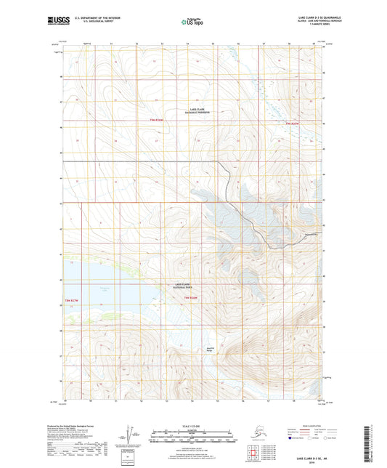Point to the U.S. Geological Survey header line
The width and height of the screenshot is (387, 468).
click(101, 20)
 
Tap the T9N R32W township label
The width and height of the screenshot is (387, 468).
click(158, 119)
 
